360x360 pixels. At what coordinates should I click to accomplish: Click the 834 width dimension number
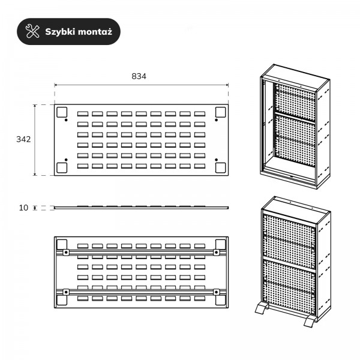(139, 76)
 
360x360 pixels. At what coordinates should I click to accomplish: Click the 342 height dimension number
(23, 139)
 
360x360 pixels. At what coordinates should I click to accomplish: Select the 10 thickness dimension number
(23, 208)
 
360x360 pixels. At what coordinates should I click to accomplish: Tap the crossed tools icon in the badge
(32, 31)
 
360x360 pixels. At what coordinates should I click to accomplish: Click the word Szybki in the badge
(60, 32)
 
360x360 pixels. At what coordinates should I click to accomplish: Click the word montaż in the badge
(95, 32)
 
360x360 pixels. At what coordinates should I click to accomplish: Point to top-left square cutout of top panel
(62, 112)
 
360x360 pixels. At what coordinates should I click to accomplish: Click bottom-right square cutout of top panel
(221, 167)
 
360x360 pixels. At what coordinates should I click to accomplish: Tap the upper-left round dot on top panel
(66, 120)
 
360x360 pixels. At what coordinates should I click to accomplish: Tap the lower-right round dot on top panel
(216, 160)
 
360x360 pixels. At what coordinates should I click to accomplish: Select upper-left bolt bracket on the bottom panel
(66, 253)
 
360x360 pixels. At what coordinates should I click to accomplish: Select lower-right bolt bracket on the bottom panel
(216, 292)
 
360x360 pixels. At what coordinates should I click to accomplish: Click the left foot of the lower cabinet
(262, 308)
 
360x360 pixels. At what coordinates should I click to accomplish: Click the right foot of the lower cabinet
(310, 321)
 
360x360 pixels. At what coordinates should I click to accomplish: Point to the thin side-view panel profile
(141, 208)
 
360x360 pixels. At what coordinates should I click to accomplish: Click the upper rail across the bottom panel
(141, 253)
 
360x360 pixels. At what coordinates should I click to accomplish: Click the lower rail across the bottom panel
(141, 292)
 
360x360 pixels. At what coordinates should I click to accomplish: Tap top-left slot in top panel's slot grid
(83, 113)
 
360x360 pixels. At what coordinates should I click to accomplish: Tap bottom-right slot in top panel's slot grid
(200, 166)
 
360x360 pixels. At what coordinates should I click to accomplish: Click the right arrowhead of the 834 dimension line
(227, 85)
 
